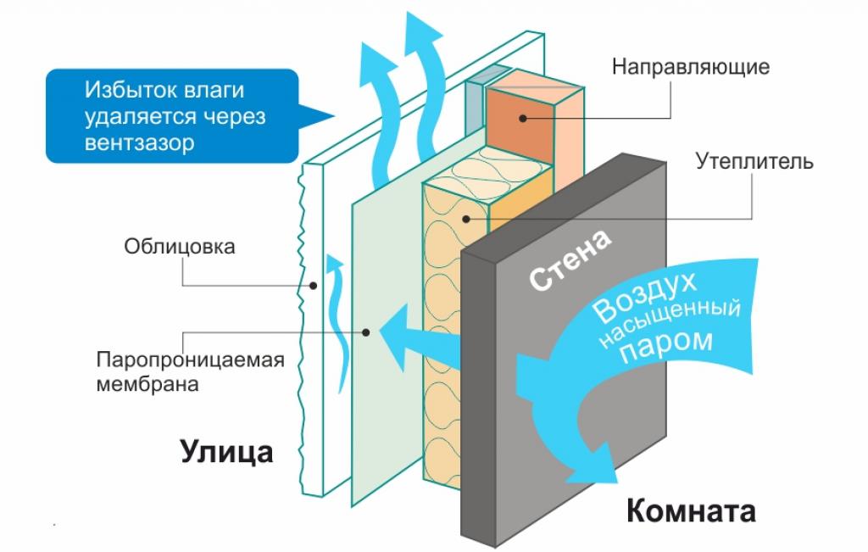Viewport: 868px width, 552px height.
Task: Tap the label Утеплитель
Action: (x=754, y=161)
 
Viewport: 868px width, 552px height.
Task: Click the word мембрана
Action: (x=147, y=384)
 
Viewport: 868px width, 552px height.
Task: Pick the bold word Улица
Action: (x=226, y=451)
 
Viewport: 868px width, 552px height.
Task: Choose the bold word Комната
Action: (x=691, y=511)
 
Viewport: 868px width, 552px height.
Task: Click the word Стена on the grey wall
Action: (x=570, y=260)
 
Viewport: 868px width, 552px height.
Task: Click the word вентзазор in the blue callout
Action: (x=139, y=142)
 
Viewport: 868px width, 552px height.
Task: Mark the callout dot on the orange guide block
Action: (x=523, y=117)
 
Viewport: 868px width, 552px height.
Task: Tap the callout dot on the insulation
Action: (x=465, y=219)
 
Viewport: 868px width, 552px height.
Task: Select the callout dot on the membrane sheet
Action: (x=366, y=332)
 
